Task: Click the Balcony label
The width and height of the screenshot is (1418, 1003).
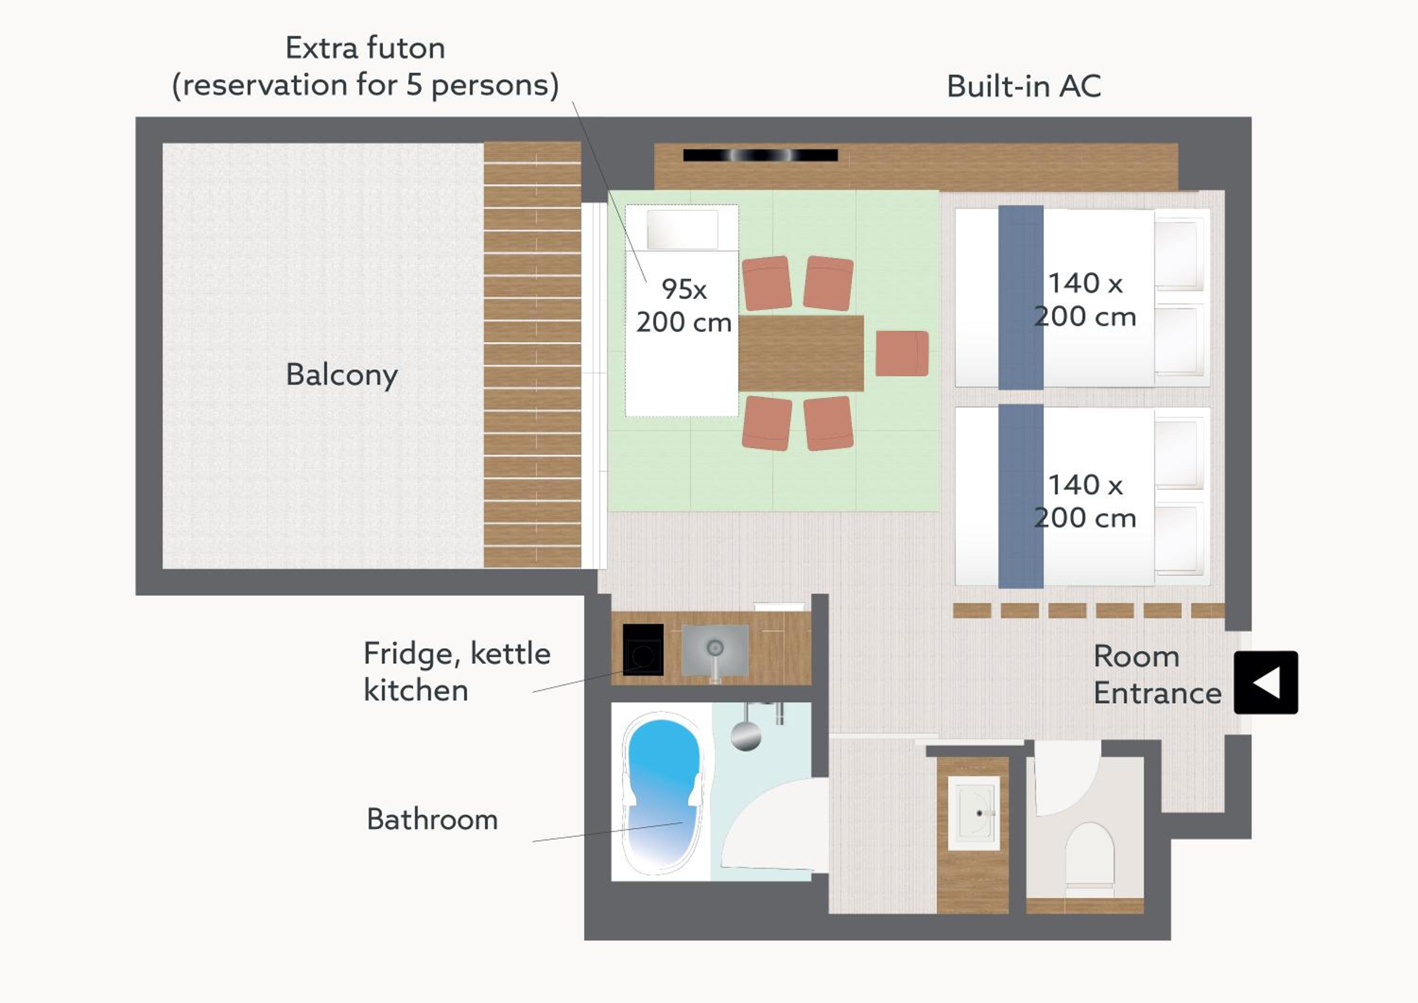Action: pos(342,375)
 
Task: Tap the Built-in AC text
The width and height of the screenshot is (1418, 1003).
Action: pos(1024,86)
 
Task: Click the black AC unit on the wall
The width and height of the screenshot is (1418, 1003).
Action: pos(760,155)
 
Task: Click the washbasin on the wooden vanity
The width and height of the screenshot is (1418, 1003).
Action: pos(974,813)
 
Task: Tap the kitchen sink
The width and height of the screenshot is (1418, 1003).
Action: pos(715,650)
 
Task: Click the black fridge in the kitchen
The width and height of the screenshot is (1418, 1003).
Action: pos(643,650)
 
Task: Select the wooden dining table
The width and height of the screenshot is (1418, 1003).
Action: pos(801,353)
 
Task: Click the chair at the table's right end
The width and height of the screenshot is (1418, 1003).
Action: pos(902,353)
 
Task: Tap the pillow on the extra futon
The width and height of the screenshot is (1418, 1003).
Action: pos(683,229)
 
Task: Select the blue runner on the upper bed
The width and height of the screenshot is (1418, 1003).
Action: pos(1021,298)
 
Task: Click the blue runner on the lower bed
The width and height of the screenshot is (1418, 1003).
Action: pos(1021,496)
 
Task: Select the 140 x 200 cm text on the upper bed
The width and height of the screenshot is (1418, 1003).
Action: pos(1085,300)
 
